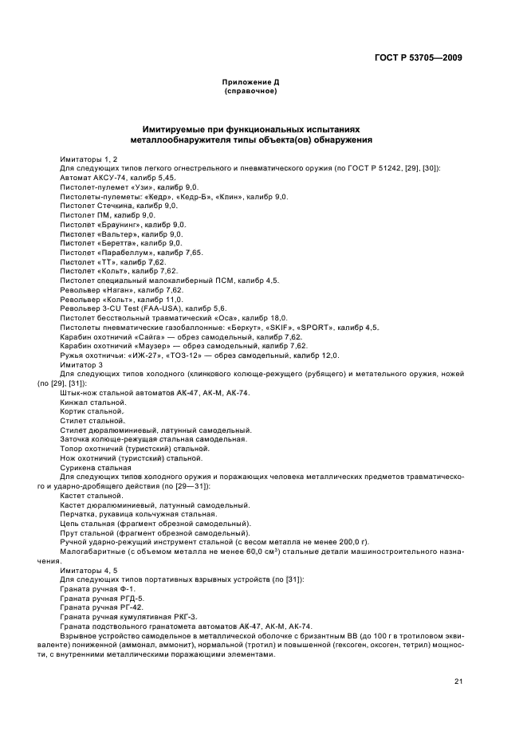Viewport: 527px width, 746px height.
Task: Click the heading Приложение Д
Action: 250,83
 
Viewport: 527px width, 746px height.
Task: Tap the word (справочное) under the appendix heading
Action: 250,92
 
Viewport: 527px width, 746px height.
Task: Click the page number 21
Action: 458,681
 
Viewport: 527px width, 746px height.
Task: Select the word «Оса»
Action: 209,317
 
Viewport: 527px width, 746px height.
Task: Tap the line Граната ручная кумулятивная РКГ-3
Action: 128,616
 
